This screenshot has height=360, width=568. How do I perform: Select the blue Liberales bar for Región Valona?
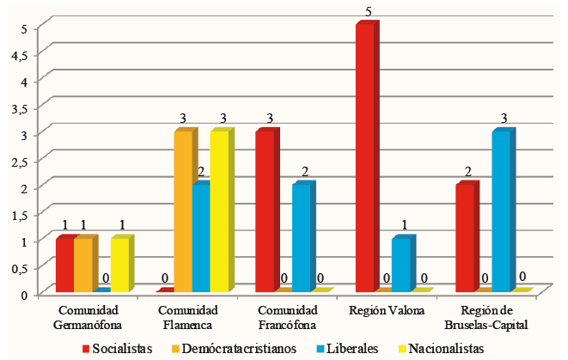pos(400,265)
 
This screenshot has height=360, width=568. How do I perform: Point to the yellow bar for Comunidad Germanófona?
pos(119,265)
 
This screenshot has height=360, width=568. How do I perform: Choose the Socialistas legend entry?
pos(117,348)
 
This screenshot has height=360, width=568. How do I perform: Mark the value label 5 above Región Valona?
pos(368,13)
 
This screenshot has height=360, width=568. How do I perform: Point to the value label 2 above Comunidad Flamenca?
pos(200,173)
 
